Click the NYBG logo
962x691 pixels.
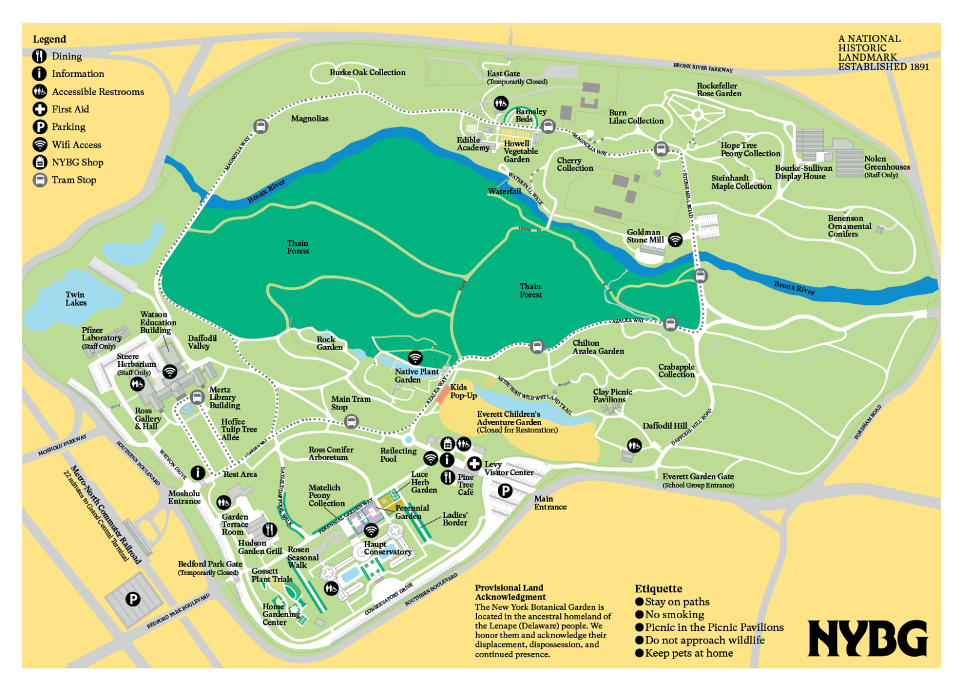tap(867, 638)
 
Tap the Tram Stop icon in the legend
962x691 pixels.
tap(40, 180)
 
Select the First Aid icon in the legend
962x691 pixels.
tap(40, 109)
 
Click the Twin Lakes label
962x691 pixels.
tap(76, 299)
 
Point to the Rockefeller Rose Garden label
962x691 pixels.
tap(718, 90)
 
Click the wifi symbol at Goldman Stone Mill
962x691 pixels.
tap(675, 240)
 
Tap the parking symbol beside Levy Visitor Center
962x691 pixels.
tap(505, 491)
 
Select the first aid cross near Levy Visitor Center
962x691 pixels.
tap(474, 464)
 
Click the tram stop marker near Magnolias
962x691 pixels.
tap(260, 126)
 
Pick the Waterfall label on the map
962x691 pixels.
tap(504, 191)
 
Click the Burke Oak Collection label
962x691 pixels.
tap(367, 72)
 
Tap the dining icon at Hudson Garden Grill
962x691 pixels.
tap(269, 529)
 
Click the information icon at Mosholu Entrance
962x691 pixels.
tap(198, 473)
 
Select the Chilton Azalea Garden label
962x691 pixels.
tap(598, 347)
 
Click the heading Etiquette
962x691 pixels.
tap(658, 589)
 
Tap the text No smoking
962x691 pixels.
tap(674, 615)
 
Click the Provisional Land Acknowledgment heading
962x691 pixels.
tap(510, 592)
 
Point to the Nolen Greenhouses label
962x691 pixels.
tap(887, 163)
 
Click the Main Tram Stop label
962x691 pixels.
tap(351, 403)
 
